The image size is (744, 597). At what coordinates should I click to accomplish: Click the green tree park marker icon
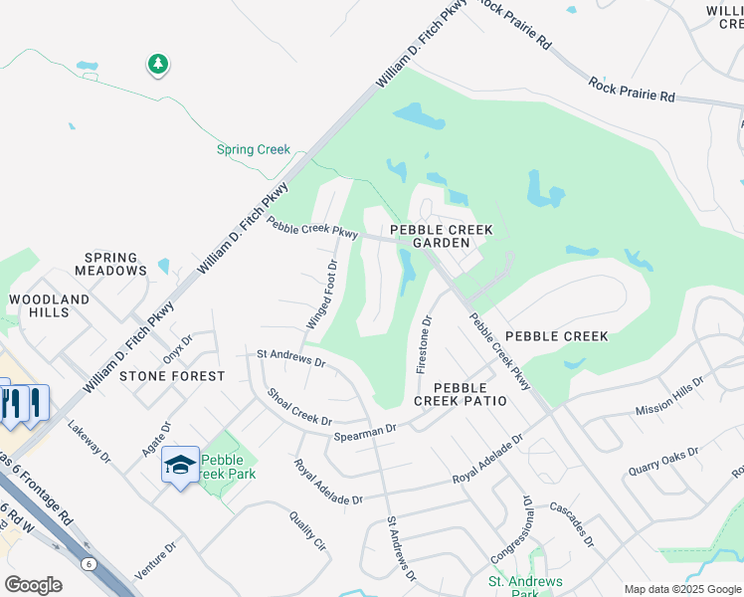tap(157, 65)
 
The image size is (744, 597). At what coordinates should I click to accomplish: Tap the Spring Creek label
tap(254, 150)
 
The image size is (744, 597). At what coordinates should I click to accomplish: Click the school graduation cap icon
tap(180, 465)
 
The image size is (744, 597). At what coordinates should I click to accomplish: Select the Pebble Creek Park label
tap(229, 467)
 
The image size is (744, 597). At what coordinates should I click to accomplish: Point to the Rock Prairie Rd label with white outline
tap(632, 90)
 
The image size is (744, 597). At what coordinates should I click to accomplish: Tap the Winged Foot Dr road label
tap(322, 295)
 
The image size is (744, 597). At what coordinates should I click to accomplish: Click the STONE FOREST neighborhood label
tap(172, 376)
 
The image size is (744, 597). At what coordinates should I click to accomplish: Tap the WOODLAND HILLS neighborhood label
tap(50, 305)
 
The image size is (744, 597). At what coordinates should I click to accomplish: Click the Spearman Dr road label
tap(365, 430)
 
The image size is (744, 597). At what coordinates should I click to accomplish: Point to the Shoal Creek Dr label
tap(298, 407)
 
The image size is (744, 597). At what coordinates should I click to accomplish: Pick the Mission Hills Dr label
tap(668, 395)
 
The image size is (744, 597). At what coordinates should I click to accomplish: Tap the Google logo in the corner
tap(33, 585)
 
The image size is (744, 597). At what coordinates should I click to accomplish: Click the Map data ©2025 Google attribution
tap(682, 589)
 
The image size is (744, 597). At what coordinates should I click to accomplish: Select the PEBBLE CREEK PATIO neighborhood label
tap(461, 393)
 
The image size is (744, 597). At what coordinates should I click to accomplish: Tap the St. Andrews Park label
tap(525, 587)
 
